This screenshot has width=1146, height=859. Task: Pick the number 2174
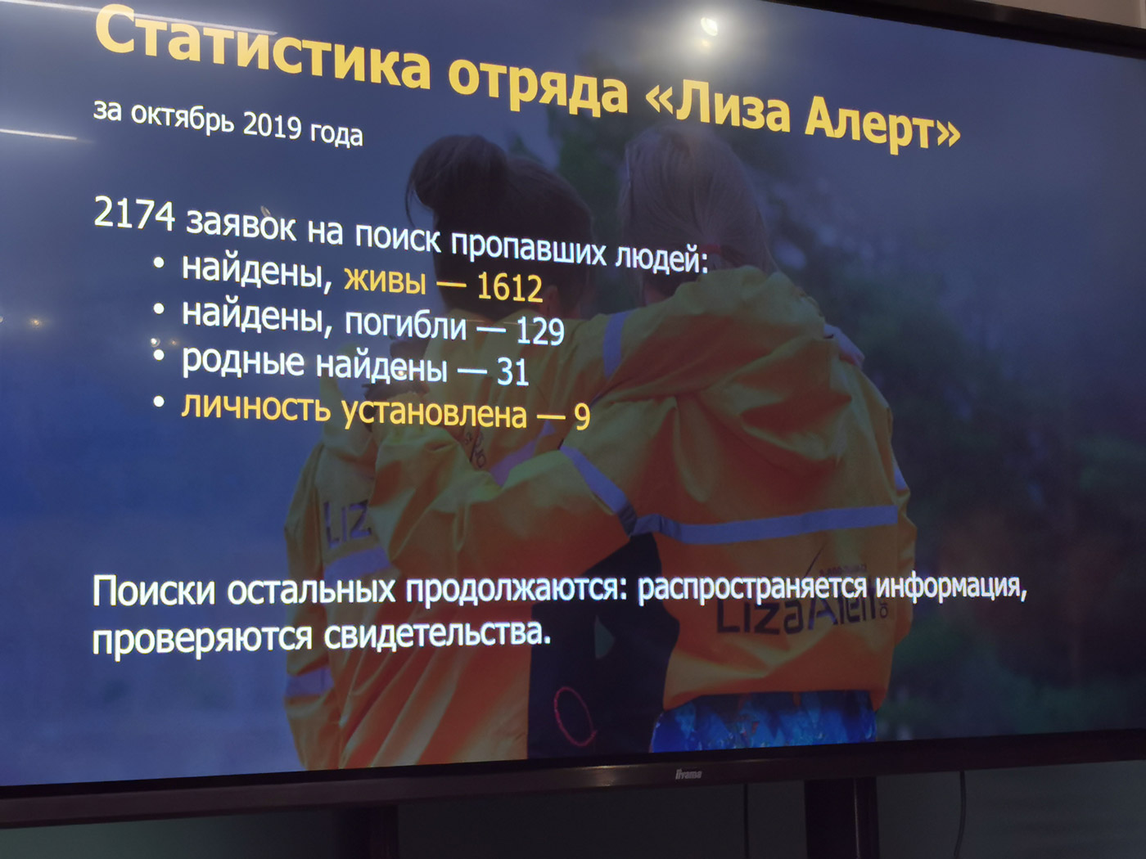[x=134, y=214]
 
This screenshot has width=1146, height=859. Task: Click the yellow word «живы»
[x=385, y=281]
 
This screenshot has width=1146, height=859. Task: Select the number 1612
[x=510, y=287]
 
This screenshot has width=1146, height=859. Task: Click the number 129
[x=539, y=331]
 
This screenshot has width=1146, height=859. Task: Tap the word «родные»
[x=243, y=362]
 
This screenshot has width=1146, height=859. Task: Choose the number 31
[x=512, y=372]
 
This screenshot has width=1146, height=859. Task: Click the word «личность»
[x=256, y=407]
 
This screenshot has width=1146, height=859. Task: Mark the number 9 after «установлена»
[x=582, y=416]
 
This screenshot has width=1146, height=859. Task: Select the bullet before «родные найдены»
[x=160, y=356]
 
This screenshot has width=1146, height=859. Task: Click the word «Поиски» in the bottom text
[x=154, y=591]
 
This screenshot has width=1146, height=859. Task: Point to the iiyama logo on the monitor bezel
[x=688, y=775]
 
